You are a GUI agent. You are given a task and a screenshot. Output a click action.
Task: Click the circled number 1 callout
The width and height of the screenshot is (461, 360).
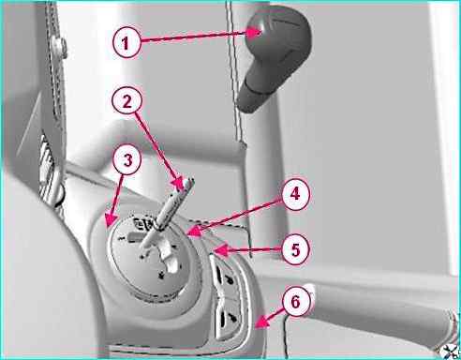126,42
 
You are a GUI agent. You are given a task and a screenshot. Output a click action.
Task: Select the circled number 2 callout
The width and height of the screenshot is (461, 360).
127,101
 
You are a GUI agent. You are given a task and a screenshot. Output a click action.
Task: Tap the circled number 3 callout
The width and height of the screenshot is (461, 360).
127,160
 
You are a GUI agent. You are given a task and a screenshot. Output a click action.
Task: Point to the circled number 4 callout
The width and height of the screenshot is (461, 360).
295,194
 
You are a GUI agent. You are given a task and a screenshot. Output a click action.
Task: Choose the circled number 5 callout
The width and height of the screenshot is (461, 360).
295,250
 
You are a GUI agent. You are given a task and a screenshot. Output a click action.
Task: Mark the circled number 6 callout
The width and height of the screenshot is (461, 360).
295,302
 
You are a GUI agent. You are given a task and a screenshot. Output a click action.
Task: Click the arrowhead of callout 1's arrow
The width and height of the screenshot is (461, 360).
255,32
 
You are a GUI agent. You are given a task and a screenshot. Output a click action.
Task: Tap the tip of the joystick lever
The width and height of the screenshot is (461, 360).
187,185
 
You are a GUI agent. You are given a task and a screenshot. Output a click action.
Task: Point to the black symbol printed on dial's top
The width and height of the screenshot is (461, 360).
144,224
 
